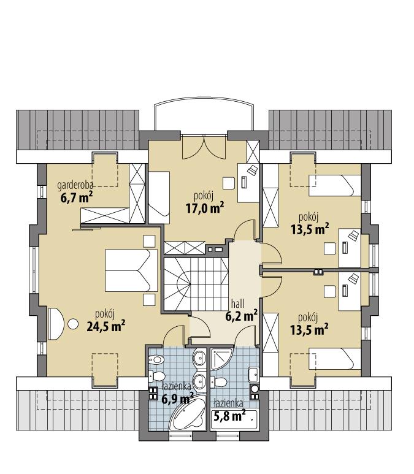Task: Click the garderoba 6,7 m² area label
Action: [x=76, y=191]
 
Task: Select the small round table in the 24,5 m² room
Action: [x=73, y=323]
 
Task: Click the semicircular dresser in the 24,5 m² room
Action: [x=55, y=322]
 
